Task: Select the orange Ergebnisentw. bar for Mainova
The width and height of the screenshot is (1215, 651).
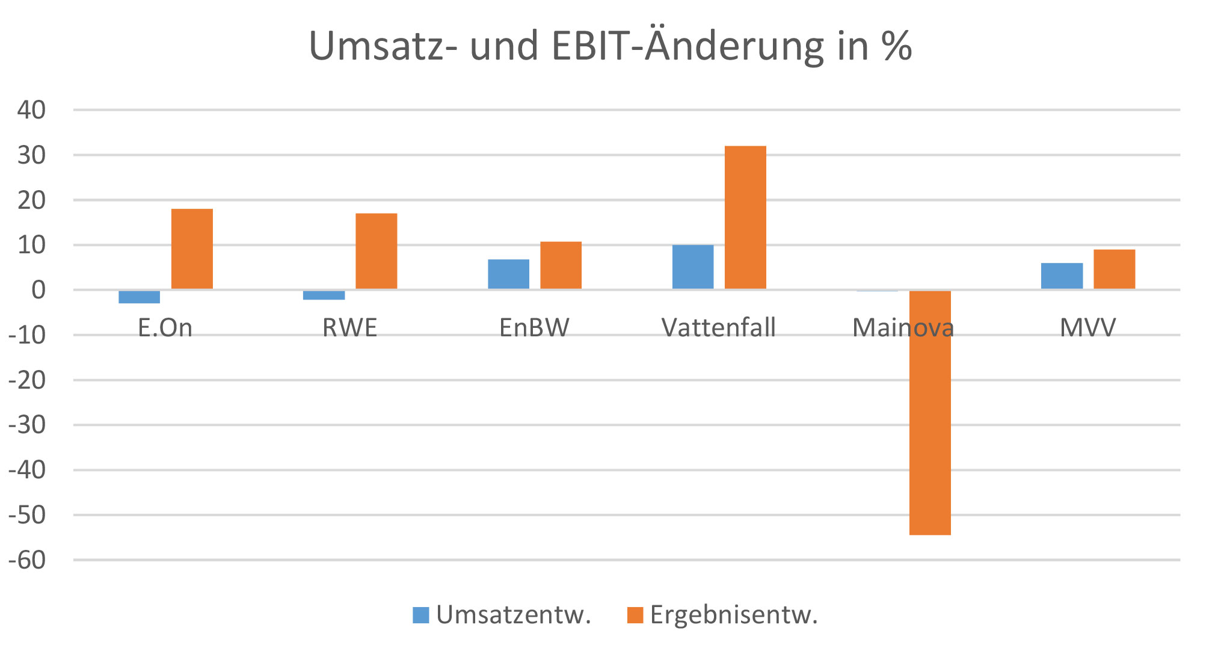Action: (x=930, y=412)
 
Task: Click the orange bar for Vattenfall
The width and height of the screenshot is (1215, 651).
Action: (x=745, y=217)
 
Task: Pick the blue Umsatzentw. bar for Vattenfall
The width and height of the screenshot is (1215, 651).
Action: (x=693, y=267)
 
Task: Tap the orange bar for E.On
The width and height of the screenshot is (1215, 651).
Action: (x=192, y=249)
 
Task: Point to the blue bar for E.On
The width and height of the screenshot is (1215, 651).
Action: (x=140, y=297)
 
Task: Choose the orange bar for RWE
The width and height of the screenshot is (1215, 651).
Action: (x=376, y=251)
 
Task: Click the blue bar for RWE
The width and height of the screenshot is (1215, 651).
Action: (x=324, y=295)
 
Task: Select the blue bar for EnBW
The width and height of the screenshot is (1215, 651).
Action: (x=508, y=274)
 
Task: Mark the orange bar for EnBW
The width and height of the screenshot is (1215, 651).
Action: (x=561, y=265)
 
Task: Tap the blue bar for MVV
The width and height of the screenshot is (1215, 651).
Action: (x=1062, y=276)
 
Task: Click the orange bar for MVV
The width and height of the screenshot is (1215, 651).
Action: (x=1114, y=269)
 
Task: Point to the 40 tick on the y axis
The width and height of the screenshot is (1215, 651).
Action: (x=31, y=110)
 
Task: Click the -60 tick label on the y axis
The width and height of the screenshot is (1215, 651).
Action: (x=27, y=560)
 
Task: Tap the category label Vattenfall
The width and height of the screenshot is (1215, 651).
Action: (x=718, y=328)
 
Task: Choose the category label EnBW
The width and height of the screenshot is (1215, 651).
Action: (x=534, y=328)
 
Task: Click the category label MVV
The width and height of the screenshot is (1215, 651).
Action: (x=1087, y=328)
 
